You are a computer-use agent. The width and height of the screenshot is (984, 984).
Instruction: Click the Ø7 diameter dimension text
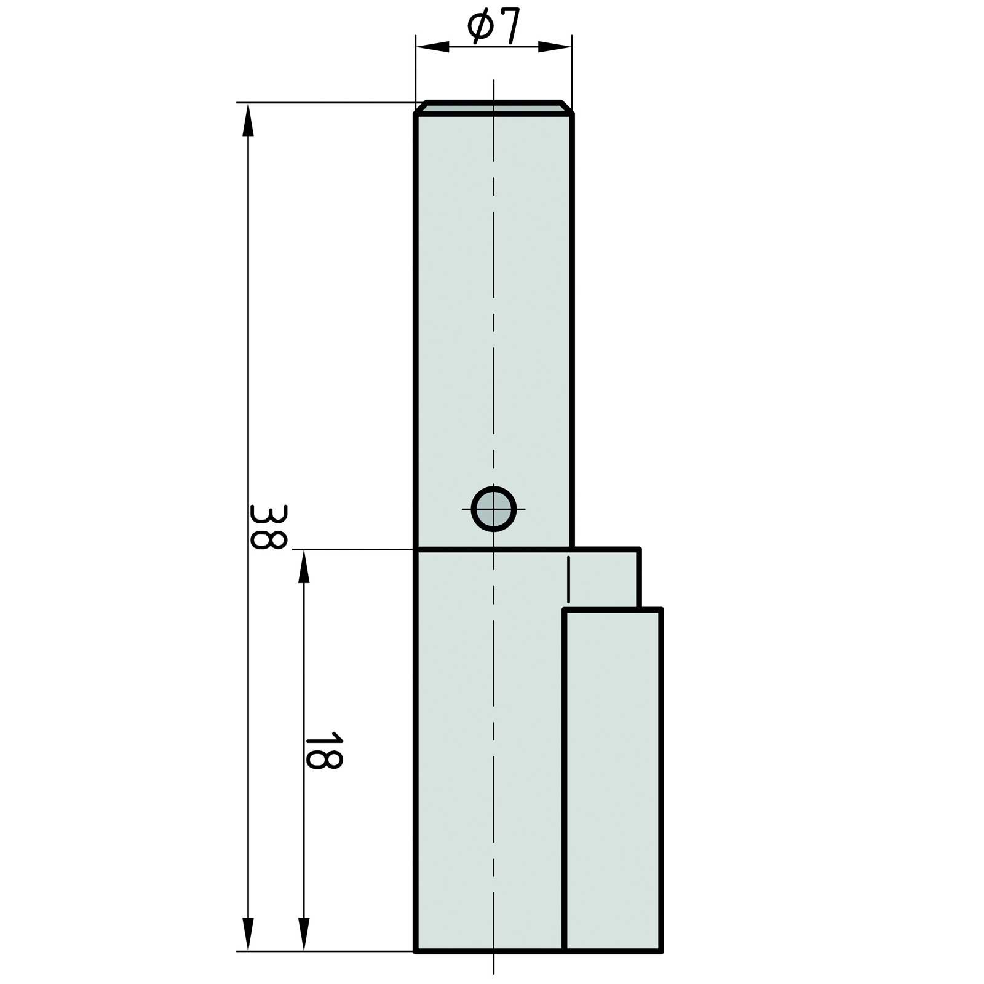(x=494, y=26)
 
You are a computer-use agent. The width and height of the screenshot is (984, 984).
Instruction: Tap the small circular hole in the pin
(x=494, y=509)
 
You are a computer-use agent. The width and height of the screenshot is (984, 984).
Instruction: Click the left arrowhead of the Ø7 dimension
(x=432, y=47)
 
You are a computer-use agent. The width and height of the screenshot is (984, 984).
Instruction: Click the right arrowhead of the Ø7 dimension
(x=555, y=47)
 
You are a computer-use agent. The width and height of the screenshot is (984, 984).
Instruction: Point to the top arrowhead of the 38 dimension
(x=248, y=119)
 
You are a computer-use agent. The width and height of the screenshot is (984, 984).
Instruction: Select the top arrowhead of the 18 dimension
(x=303, y=566)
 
